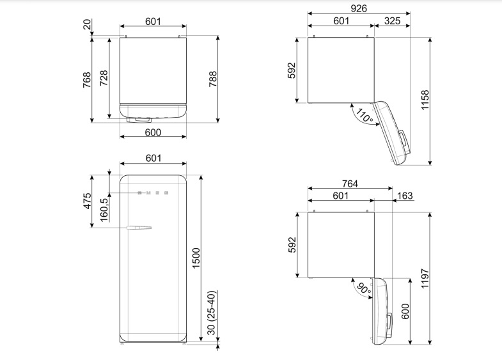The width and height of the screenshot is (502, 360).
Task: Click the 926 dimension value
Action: point(358,8)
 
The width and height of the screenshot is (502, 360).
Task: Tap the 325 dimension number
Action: point(392,21)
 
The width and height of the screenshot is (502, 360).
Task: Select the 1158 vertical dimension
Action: point(425,100)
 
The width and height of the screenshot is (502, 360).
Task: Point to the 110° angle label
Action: point(365,116)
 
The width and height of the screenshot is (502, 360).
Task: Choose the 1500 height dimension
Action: point(196,258)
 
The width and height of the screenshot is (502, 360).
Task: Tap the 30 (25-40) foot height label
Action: point(212,313)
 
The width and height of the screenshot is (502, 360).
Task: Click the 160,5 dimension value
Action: point(104,210)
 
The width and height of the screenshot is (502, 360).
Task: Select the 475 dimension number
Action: point(88,201)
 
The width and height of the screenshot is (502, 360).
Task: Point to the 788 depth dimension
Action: point(213,79)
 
